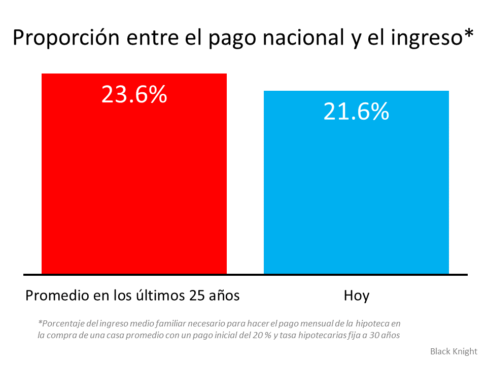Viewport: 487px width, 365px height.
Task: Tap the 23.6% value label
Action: [134, 94]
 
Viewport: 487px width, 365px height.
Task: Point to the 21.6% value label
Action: [356, 112]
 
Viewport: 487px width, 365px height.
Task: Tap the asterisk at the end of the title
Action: [469, 34]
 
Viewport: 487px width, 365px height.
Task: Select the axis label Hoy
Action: [356, 296]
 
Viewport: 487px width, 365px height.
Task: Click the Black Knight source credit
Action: [454, 351]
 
